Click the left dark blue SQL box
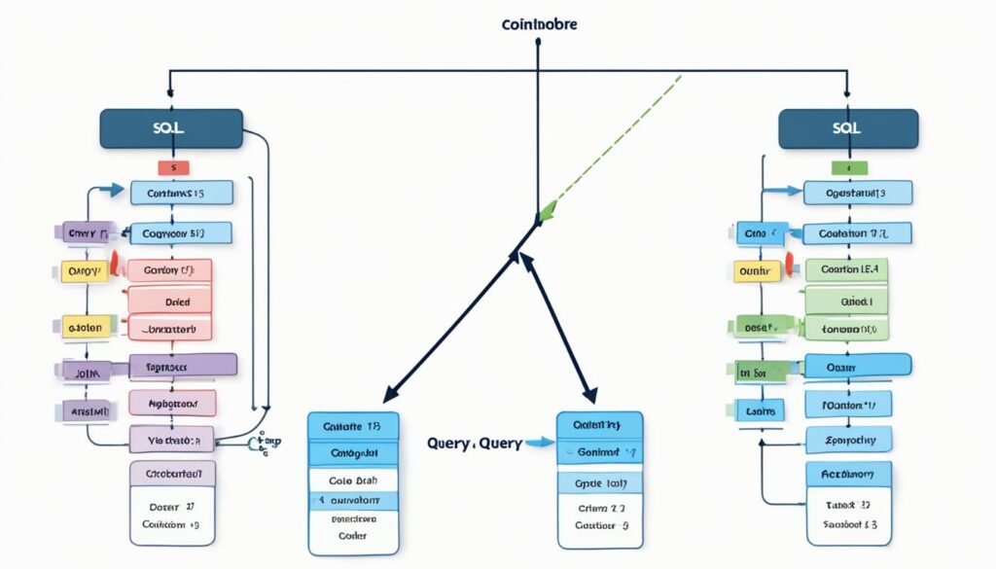point(171,129)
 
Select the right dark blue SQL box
point(848,128)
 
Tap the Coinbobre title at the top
point(538,24)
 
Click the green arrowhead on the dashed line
point(547,210)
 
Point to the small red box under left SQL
point(172,168)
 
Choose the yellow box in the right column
point(755,271)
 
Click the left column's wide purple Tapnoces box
point(182,366)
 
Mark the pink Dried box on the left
point(170,302)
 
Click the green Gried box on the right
point(847,302)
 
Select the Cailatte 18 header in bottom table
point(352,426)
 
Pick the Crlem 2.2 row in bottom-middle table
point(601,508)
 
